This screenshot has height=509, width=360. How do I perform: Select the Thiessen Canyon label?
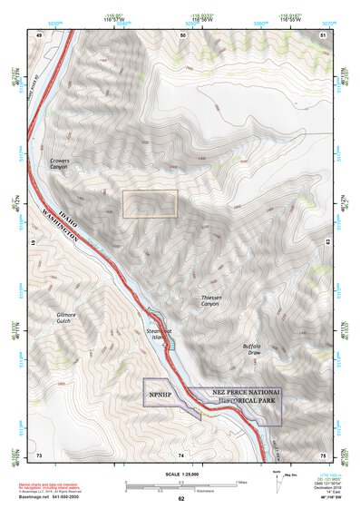pos(217,299)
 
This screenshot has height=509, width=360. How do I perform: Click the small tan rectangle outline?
pos(151,204)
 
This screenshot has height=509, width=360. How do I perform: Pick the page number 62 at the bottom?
pos(181,498)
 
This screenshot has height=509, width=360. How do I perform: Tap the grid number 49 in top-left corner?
pos(39,34)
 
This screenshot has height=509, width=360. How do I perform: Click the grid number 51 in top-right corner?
pos(324,34)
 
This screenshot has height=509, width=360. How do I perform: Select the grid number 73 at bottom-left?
pos(39,454)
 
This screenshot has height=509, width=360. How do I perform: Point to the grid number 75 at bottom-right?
pos(324,454)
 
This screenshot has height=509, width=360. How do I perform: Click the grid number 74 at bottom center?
pos(181,454)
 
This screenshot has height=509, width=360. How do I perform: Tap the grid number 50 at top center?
pos(181,34)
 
